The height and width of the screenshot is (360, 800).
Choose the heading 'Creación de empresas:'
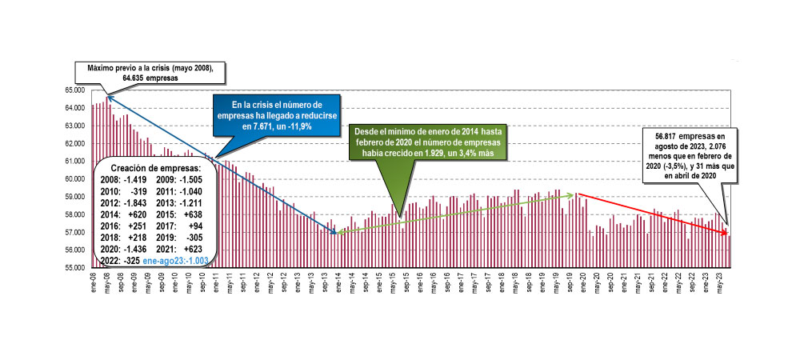pyautogui.click(x=154, y=168)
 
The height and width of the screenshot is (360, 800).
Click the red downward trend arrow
pyautogui.click(x=652, y=214)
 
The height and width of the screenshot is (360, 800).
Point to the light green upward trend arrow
pyautogui.click(x=456, y=213)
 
